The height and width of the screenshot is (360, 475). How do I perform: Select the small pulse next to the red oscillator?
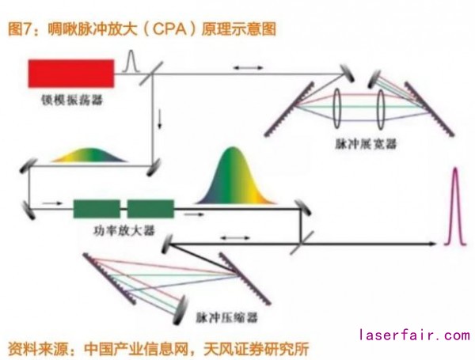pyautogui.click(x=132, y=62)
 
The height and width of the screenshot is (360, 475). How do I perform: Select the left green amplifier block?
pyautogui.click(x=97, y=208)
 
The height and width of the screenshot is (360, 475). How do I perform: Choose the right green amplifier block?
pyautogui.click(x=150, y=208)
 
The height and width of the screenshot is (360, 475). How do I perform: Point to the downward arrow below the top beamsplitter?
pyautogui.click(x=162, y=119)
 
